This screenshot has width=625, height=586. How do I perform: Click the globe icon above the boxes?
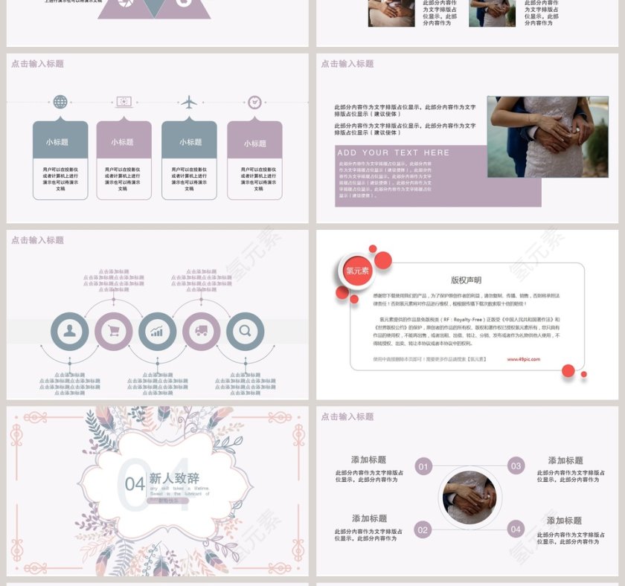click(60, 102)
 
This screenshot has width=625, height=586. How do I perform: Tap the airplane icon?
click(190, 102)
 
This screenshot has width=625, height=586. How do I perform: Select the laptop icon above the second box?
click(124, 102)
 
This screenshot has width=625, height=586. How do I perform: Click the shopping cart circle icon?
click(114, 332)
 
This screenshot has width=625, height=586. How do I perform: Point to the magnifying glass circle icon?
click(245, 332)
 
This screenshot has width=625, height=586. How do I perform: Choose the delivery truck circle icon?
click(201, 332)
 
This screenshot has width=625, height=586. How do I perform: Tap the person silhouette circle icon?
click(70, 332)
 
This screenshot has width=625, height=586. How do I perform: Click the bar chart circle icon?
click(157, 332)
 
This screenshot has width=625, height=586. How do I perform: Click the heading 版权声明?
click(466, 280)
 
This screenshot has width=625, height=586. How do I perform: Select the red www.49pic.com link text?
click(524, 359)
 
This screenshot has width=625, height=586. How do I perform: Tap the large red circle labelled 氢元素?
click(357, 271)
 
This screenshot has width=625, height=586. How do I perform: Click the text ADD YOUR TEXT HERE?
click(394, 152)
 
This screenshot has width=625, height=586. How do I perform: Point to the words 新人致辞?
click(174, 479)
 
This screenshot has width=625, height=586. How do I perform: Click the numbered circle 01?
click(423, 467)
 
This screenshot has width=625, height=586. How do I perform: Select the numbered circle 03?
click(516, 466)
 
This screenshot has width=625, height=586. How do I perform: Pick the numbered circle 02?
click(423, 529)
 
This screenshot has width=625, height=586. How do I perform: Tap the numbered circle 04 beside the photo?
click(516, 529)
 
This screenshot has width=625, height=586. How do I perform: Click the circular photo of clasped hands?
click(469, 498)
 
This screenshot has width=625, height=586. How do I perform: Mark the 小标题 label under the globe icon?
click(57, 142)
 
